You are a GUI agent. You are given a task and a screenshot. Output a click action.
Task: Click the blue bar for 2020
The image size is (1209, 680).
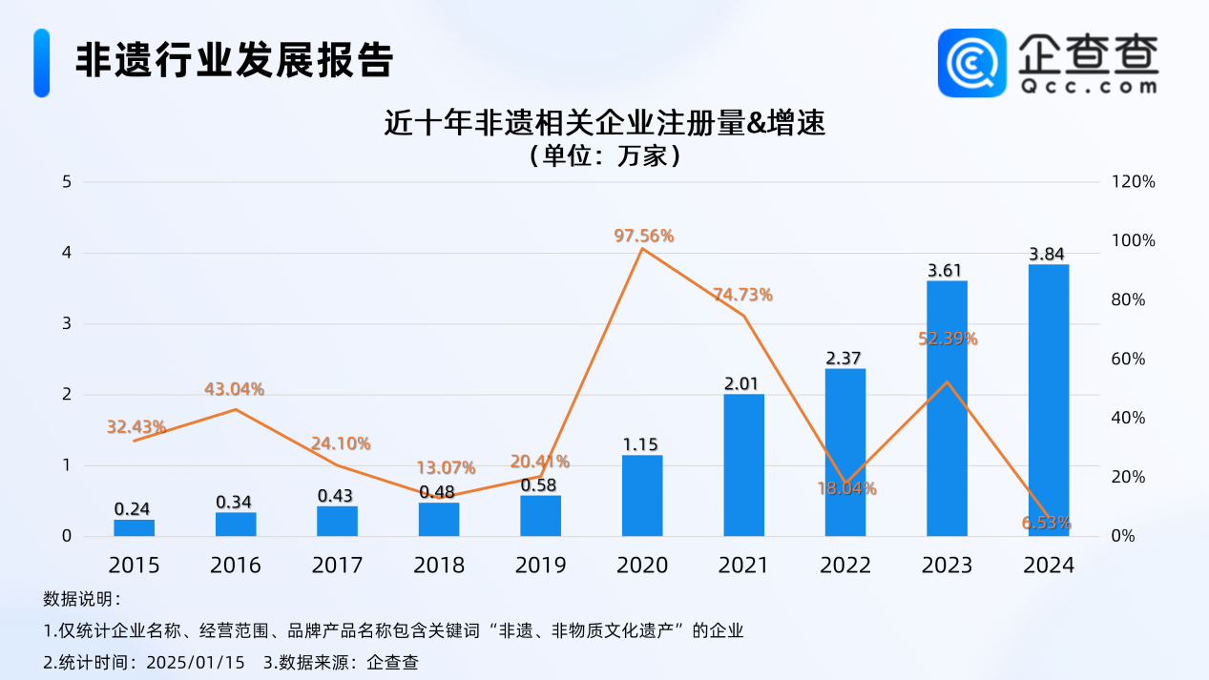tap(642, 496)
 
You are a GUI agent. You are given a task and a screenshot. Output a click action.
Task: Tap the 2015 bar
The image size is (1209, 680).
tap(134, 527)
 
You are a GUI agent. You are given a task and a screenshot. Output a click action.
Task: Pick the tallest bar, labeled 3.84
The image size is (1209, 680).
tap(1049, 401)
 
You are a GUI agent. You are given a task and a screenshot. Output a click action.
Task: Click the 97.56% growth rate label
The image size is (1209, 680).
tap(644, 236)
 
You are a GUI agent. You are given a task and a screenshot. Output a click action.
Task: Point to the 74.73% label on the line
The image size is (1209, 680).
tap(742, 295)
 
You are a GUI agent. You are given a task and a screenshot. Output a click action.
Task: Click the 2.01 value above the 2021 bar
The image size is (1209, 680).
tap(743, 383)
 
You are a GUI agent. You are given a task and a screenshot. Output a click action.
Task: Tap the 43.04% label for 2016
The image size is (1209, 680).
tap(234, 389)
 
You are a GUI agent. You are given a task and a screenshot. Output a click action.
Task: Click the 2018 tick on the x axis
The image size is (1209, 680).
tap(439, 566)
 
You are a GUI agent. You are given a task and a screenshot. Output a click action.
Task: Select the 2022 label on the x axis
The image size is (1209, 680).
tap(845, 566)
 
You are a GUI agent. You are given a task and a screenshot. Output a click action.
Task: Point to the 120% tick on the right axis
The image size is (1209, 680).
tap(1135, 182)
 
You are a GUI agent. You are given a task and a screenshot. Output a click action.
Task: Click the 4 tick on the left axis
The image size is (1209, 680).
tap(67, 253)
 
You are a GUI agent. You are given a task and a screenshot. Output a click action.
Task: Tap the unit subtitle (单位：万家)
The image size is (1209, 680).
tap(603, 155)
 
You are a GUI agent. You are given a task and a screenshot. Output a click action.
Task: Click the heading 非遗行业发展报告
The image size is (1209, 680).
tap(234, 60)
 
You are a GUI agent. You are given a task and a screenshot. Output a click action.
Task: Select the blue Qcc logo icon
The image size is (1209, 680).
tap(971, 63)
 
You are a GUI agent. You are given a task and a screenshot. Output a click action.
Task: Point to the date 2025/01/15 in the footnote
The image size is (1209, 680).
tap(195, 661)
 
